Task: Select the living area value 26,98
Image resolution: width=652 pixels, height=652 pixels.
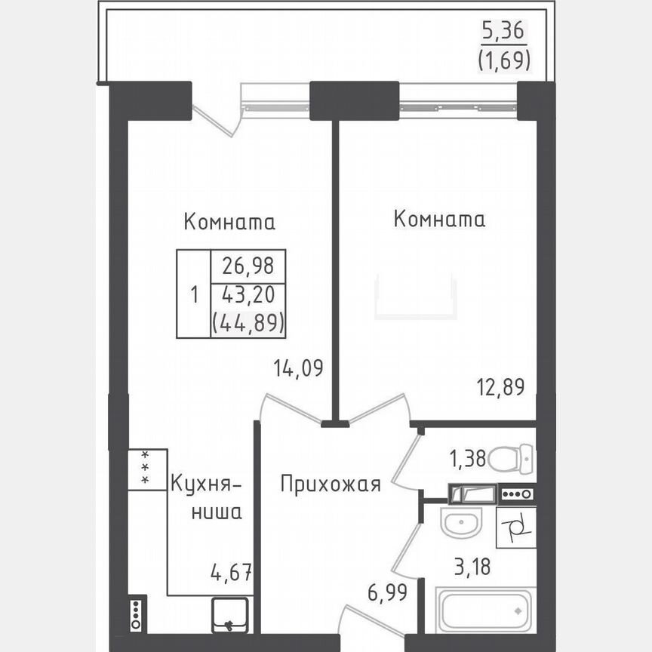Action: pyautogui.click(x=248, y=266)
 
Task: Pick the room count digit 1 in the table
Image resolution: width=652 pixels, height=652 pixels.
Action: pyautogui.click(x=195, y=294)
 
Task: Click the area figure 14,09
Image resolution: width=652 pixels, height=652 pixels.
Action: pyautogui.click(x=298, y=369)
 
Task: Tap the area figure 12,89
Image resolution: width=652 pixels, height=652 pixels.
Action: pyautogui.click(x=499, y=386)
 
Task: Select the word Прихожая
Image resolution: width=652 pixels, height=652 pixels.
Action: pyautogui.click(x=331, y=484)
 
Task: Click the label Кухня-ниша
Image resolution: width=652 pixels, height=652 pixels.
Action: pyautogui.click(x=205, y=497)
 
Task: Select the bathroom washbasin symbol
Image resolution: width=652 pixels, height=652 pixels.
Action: pyautogui.click(x=461, y=523)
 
